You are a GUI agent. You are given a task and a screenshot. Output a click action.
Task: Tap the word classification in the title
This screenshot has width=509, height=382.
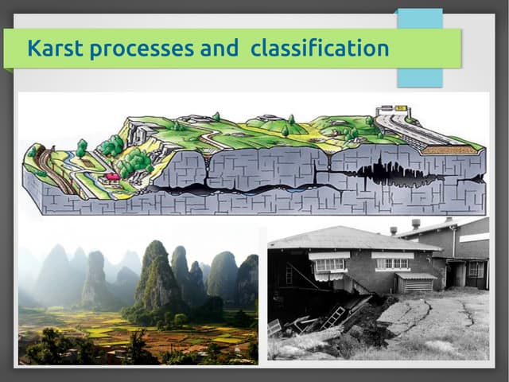pyautogui.click(x=320, y=49)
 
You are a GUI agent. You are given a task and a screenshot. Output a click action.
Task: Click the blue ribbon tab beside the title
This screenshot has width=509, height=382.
pyautogui.click(x=420, y=48)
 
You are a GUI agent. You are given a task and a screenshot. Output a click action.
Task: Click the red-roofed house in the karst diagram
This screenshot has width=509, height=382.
pyautogui.click(x=113, y=176)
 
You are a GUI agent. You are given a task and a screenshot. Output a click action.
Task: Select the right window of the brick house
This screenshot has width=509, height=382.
pyautogui.click(x=391, y=262)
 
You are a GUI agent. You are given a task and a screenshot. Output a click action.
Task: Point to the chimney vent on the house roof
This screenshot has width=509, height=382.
pyautogui.click(x=415, y=224)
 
